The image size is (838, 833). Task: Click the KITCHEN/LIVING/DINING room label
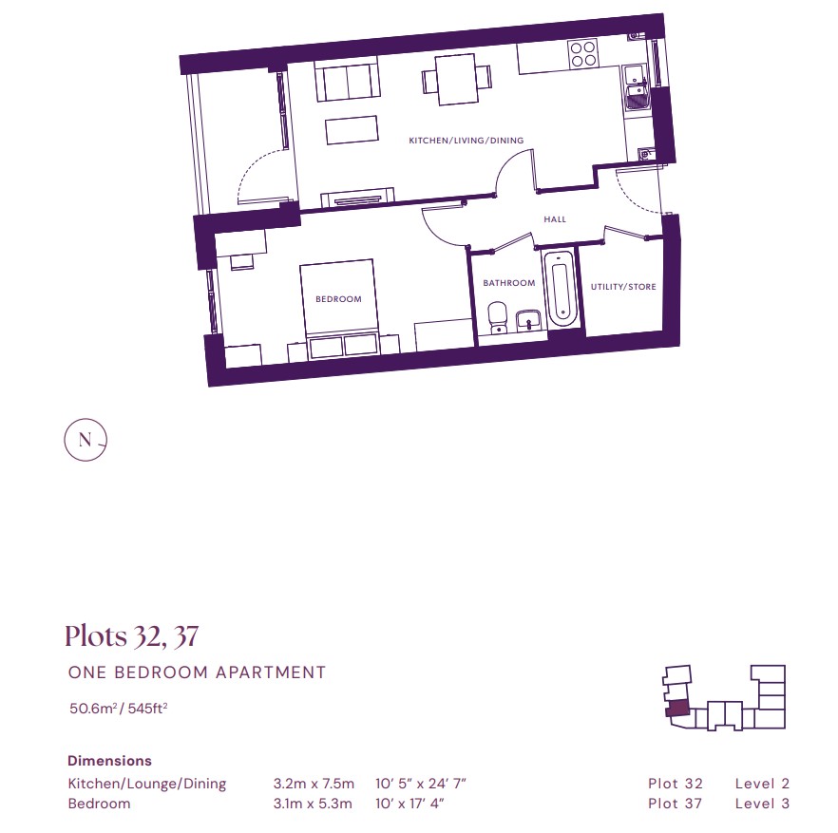click(466, 141)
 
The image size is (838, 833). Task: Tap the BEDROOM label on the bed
click(338, 299)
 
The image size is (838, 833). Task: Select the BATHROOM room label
click(509, 283)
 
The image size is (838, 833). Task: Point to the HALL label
click(555, 219)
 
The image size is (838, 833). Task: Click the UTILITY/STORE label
click(623, 287)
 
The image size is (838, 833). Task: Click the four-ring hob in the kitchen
click(583, 53)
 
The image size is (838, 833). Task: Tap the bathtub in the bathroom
click(561, 288)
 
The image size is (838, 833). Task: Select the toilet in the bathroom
click(498, 318)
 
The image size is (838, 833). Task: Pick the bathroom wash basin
click(528, 321)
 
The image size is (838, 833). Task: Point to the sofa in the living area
click(348, 79)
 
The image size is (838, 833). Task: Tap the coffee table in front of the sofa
click(352, 130)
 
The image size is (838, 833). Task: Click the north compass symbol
click(86, 440)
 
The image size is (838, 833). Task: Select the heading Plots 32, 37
click(131, 635)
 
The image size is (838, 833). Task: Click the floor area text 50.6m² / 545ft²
click(118, 708)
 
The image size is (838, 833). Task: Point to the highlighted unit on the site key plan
click(677, 708)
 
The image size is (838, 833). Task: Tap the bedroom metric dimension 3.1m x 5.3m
click(313, 804)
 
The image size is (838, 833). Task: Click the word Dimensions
click(109, 760)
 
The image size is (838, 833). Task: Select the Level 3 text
click(762, 804)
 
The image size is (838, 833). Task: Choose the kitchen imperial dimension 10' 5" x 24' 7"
click(421, 784)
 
